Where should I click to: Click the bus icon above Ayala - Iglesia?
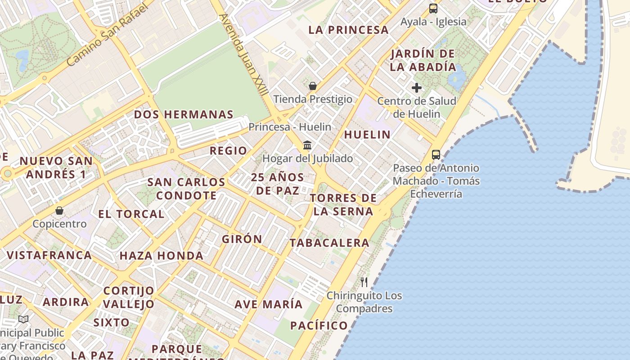pyautogui.click(x=433, y=8)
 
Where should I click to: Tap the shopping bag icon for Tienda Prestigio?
pyautogui.click(x=312, y=85)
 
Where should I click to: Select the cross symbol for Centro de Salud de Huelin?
pyautogui.click(x=417, y=88)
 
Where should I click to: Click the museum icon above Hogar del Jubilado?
pyautogui.click(x=308, y=145)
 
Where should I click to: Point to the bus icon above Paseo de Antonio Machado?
pyautogui.click(x=436, y=155)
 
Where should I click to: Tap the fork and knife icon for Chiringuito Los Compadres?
pyautogui.click(x=364, y=282)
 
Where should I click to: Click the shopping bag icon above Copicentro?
pyautogui.click(x=59, y=210)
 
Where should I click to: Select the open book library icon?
pyautogui.click(x=23, y=319)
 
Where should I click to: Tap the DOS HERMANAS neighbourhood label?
pyautogui.click(x=184, y=115)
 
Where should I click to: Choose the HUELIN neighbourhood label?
pyautogui.click(x=367, y=135)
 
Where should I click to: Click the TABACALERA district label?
pyautogui.click(x=329, y=243)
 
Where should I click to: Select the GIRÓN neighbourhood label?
pyautogui.click(x=242, y=239)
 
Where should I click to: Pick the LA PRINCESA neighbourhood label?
pyautogui.click(x=348, y=30)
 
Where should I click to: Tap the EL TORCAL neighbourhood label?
pyautogui.click(x=131, y=214)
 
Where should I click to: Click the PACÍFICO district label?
pyautogui.click(x=319, y=325)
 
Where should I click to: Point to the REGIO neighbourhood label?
pyautogui.click(x=228, y=151)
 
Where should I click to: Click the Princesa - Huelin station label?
pyautogui.click(x=290, y=127)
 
